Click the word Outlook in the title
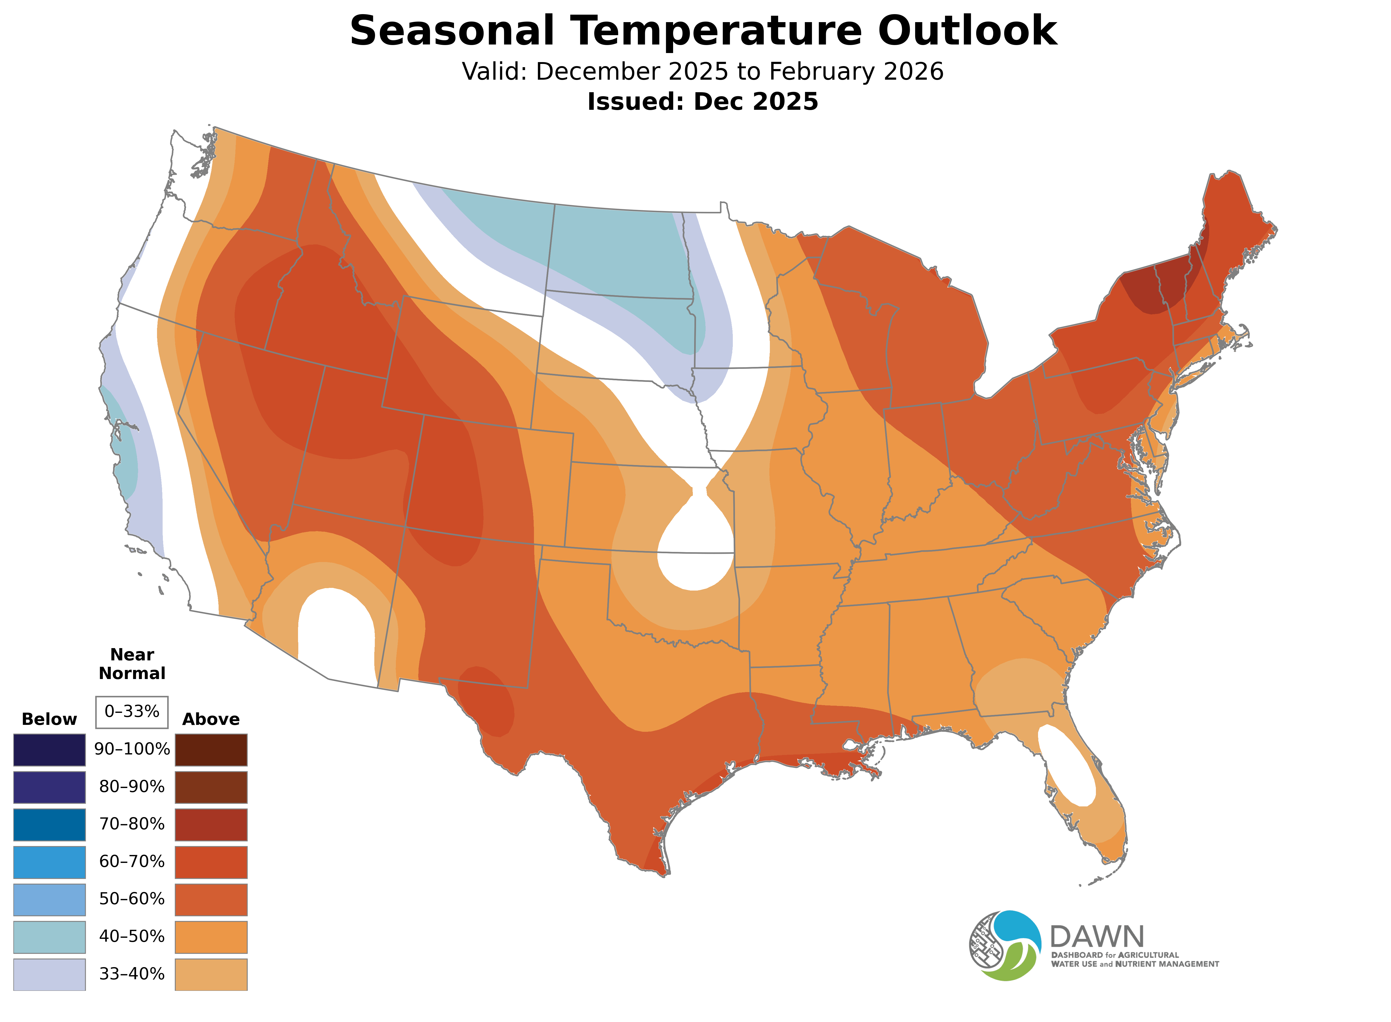967,31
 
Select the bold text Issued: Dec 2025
702,102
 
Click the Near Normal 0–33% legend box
132,712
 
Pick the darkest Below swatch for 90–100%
50,750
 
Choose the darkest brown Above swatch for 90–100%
211,750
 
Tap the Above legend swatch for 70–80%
211,825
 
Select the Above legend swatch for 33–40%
211,974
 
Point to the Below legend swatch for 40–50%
50,937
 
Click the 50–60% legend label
132,899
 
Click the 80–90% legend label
132,787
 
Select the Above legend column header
211,720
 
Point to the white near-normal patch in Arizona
336,631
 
